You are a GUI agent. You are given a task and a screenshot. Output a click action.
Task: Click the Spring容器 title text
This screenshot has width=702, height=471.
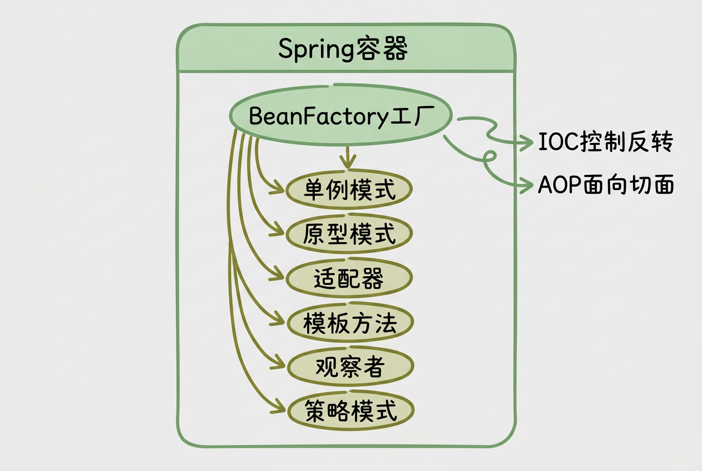click(343, 49)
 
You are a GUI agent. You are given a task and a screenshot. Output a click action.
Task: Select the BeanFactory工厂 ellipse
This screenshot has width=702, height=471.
click(341, 116)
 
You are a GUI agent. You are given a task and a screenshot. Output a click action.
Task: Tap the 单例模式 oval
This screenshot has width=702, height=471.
click(349, 190)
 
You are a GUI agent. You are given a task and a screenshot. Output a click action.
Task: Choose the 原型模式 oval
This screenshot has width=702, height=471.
click(349, 234)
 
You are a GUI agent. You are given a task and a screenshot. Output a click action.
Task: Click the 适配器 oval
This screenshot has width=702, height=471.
click(349, 278)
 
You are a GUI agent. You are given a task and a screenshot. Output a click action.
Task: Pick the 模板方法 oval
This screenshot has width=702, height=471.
click(350, 323)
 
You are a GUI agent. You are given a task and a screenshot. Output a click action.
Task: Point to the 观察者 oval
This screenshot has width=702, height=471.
click(350, 367)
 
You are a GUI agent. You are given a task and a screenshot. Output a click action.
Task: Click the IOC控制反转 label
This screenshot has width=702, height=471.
click(606, 143)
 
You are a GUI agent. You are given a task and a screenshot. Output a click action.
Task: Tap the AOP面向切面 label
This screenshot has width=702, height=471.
click(606, 184)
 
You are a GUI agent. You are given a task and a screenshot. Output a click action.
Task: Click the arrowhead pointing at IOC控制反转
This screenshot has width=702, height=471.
click(526, 143)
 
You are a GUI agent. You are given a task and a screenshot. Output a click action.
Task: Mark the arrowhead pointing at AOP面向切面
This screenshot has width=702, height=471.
click(526, 185)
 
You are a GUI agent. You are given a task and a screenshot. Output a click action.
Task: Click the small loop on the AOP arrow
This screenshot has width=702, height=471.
click(490, 158)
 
